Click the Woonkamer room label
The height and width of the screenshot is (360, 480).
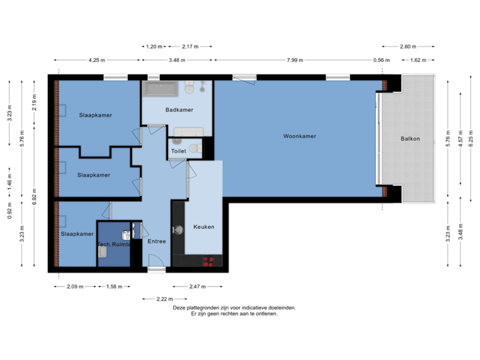[x=299, y=136]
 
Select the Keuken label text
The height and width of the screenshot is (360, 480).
[x=203, y=227]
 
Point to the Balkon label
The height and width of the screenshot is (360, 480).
[x=410, y=139]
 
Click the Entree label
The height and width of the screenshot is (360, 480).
[x=156, y=241]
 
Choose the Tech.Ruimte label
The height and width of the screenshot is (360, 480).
[x=114, y=245]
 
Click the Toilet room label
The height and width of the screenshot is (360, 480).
[x=179, y=151]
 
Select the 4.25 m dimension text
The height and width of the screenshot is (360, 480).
[x=97, y=61]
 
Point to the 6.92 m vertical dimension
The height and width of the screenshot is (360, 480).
[x=35, y=195]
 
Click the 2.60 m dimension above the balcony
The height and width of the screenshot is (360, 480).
[x=408, y=47]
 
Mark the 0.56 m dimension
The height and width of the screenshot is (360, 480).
[x=381, y=61]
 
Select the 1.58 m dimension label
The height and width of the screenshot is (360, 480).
[x=115, y=287]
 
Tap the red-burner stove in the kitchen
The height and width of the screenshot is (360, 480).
[x=209, y=261]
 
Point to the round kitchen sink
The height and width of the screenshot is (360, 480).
[x=179, y=230]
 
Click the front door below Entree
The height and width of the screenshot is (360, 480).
[x=156, y=269]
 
